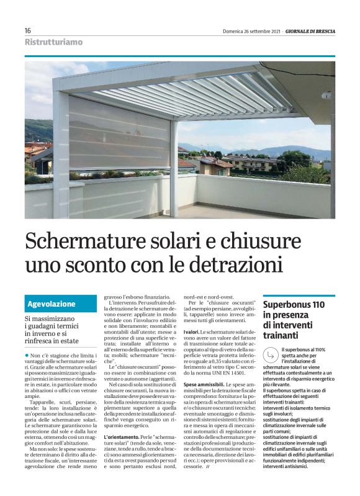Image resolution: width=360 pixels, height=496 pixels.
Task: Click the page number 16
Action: (28, 30)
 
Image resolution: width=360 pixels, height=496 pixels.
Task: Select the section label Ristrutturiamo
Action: (53, 43)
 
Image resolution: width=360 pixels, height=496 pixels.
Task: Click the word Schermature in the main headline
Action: (104, 240)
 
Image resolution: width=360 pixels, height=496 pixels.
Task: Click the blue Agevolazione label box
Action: (61, 304)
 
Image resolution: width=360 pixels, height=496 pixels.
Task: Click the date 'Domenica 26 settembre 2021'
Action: (253, 31)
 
